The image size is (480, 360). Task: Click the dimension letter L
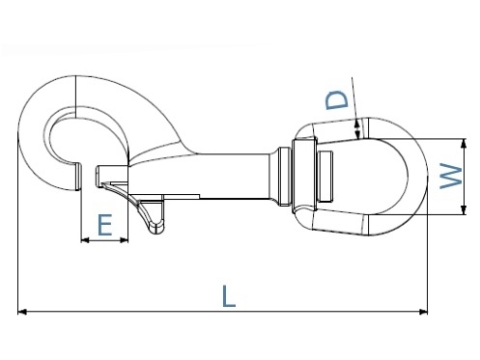[x=228, y=296]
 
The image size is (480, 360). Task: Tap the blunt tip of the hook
[x=73, y=180]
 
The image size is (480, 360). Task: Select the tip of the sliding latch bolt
[x=102, y=175]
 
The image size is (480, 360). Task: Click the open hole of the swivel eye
[x=372, y=175]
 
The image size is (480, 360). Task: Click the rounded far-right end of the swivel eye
[x=422, y=175]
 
